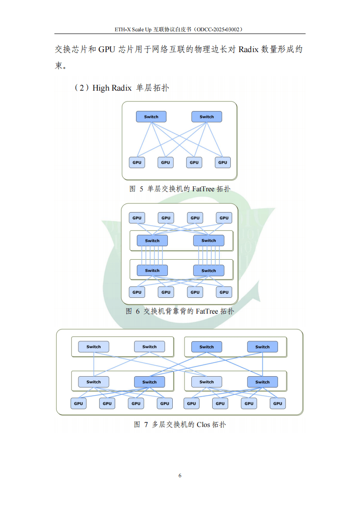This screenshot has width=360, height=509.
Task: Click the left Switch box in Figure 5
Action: point(151,116)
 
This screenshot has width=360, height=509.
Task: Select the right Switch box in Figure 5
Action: point(207,116)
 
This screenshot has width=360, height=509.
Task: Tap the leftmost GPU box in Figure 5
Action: point(137,162)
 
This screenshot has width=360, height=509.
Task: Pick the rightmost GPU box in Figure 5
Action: point(223,162)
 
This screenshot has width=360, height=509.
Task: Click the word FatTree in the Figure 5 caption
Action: point(203,189)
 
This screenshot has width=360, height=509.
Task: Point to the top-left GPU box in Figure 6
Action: point(137,218)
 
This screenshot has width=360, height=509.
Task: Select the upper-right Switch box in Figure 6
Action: point(209,241)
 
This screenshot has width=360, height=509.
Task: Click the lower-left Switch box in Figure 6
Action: point(152,271)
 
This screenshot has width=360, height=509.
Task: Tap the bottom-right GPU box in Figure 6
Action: point(224,292)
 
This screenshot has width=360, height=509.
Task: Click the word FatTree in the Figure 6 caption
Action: point(207,311)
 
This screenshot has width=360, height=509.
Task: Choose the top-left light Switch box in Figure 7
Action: point(93,347)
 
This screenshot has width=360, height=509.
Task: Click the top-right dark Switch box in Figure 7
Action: point(263,347)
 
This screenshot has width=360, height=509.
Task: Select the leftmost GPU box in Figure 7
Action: point(78,403)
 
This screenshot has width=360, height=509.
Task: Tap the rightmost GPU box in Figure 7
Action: point(277,403)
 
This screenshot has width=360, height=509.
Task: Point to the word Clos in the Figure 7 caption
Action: point(203,425)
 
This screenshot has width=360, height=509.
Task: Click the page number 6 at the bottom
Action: point(180,475)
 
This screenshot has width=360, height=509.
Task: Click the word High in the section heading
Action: point(101,88)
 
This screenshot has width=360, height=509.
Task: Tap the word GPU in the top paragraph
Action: point(107,49)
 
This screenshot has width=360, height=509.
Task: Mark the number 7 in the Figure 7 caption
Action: point(146,425)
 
